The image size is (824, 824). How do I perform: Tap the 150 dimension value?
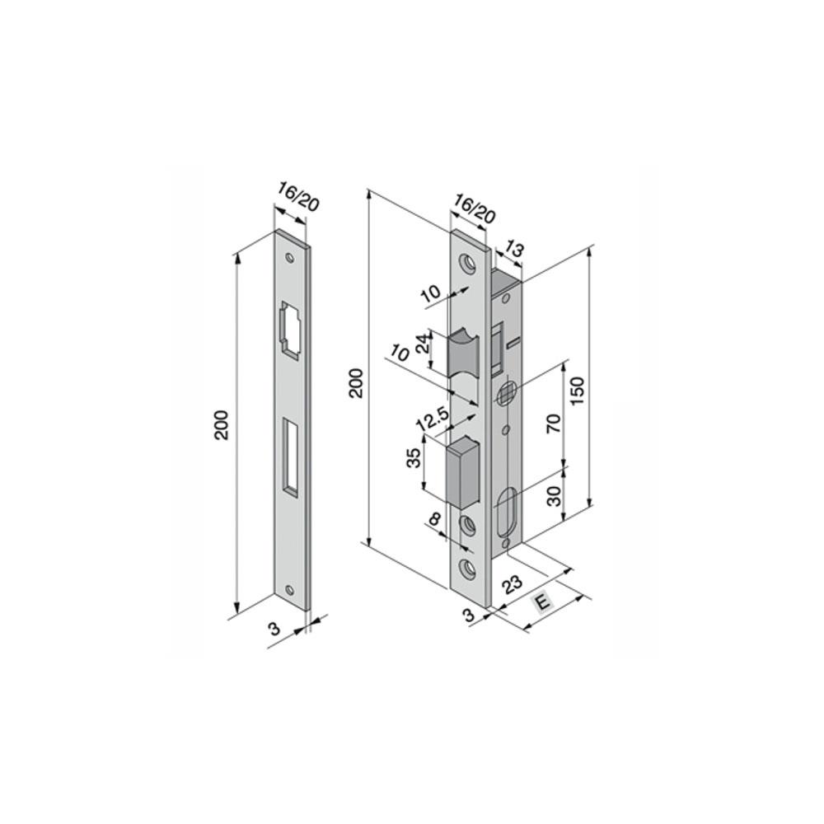[578, 391]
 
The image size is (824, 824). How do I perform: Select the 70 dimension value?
[554, 423]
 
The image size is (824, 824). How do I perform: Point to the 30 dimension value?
[554, 495]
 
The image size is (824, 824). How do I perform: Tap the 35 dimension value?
[414, 457]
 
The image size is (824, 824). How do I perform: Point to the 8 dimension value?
[434, 520]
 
